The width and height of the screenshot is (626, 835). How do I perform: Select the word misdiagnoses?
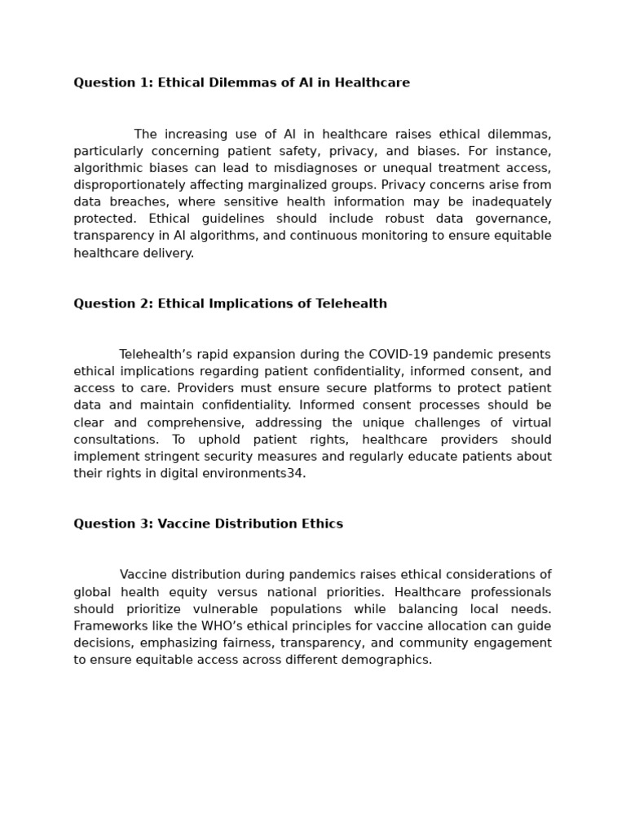point(253,168)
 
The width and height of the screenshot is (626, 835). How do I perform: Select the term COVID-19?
point(400,355)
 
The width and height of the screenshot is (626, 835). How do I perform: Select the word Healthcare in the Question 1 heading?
point(374,83)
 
